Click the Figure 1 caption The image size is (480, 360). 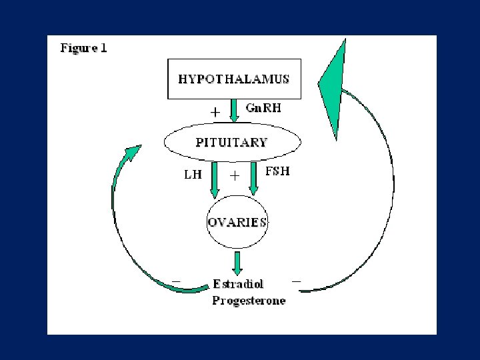[x=84, y=48]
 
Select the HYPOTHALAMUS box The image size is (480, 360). [x=234, y=79]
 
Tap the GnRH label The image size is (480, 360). [x=263, y=109]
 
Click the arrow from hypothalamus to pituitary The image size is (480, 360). [x=234, y=110]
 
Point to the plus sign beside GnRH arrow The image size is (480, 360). [x=215, y=113]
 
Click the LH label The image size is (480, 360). [x=192, y=175]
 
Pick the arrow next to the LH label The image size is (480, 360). [x=215, y=179]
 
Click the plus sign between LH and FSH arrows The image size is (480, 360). [x=235, y=176]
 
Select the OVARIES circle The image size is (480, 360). [x=237, y=222]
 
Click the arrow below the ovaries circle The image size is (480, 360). [x=237, y=262]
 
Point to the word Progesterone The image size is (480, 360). [x=249, y=301]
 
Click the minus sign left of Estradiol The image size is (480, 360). [x=176, y=279]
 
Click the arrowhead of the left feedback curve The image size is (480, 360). [x=133, y=153]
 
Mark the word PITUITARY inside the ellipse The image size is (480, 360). [x=232, y=142]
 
